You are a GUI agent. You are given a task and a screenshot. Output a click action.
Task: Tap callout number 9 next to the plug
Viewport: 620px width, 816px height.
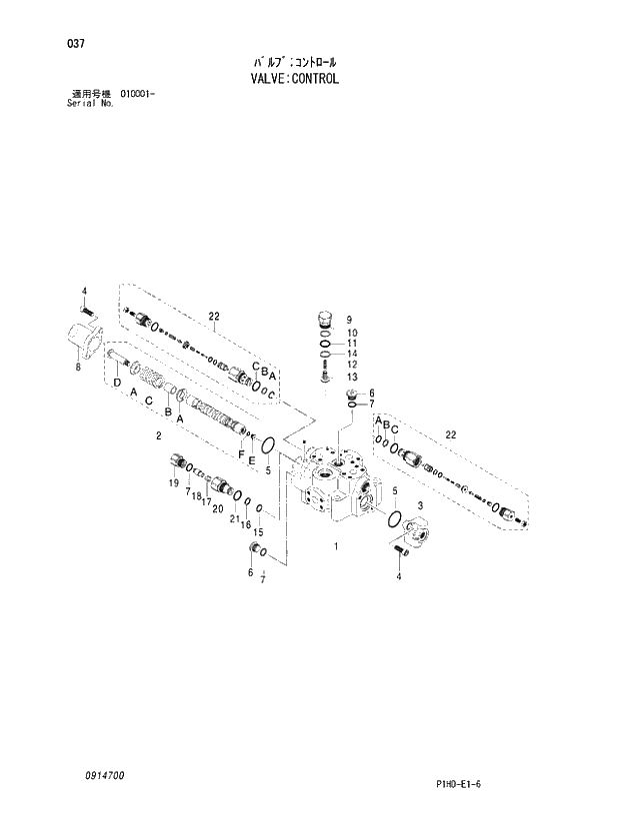tap(351, 319)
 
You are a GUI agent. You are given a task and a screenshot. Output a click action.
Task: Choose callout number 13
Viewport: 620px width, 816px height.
tap(352, 377)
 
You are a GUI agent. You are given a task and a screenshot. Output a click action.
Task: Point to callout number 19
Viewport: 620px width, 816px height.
tap(173, 483)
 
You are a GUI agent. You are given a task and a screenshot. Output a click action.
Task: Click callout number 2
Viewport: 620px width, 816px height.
tap(158, 436)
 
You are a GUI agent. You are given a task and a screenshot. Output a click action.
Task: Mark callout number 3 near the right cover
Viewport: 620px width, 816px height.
tap(420, 506)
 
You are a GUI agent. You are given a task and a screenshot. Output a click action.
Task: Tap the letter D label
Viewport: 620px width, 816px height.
tap(117, 383)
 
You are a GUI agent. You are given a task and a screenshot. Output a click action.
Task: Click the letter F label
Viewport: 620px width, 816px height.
tap(241, 455)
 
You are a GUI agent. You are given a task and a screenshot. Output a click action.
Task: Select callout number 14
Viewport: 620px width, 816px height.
tap(352, 354)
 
